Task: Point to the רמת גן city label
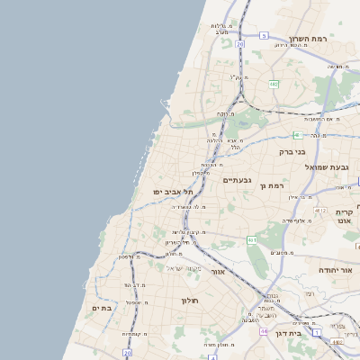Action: tap(271, 185)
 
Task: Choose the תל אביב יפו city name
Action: tap(168, 192)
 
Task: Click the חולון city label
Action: tap(189, 301)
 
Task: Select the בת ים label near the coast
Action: tap(102, 308)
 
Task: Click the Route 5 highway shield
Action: tap(264, 35)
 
